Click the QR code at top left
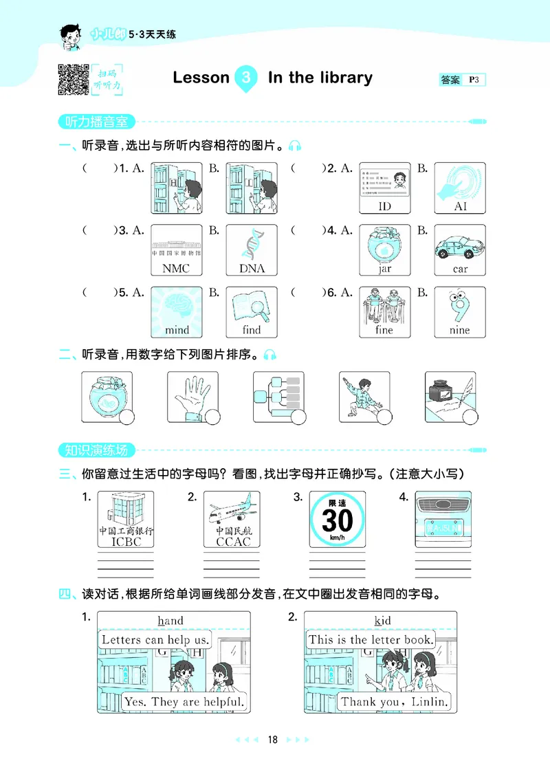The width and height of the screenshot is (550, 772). [x=73, y=79]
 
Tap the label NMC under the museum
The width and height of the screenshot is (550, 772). [x=176, y=269]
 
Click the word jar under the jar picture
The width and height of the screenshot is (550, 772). [x=384, y=269]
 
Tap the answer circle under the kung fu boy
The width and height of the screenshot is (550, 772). [x=384, y=417]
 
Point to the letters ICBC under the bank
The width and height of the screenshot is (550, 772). [x=125, y=542]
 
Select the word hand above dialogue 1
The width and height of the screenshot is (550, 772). [x=170, y=621]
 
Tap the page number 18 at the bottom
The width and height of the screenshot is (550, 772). [x=273, y=740]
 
